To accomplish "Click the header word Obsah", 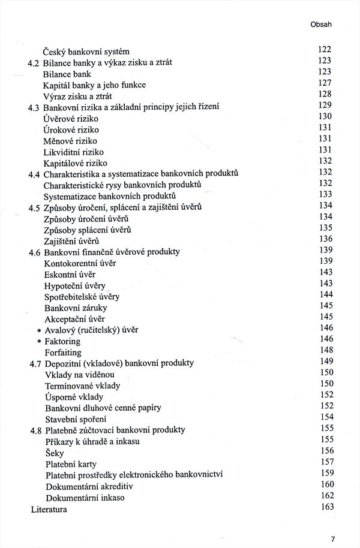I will (x=321, y=25).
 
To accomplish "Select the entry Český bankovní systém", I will (x=86, y=51).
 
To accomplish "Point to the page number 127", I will (x=325, y=83).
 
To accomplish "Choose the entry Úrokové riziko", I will (x=71, y=130).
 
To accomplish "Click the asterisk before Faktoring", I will (x=39, y=341).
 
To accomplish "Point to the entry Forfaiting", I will (x=63, y=353).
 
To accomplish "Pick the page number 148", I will (x=326, y=350).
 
